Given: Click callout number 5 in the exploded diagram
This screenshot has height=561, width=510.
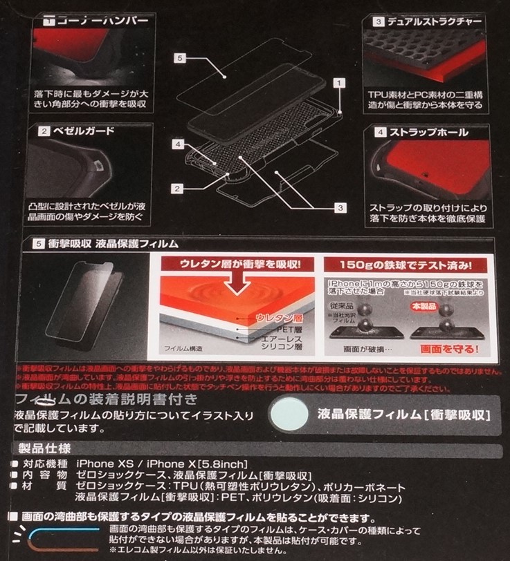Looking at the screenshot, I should [179, 59].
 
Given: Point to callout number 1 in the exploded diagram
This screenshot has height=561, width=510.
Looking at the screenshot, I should [339, 82].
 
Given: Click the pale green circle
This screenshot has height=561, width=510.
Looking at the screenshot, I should [291, 415].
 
